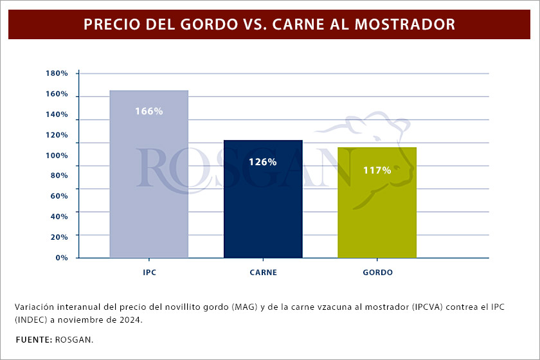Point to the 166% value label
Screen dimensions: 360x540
pyautogui.click(x=149, y=111)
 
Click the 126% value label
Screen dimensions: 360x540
pyautogui.click(x=263, y=162)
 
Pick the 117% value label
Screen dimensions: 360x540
pyautogui.click(x=377, y=170)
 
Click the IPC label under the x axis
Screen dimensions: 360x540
pyautogui.click(x=149, y=273)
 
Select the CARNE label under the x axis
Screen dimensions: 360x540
pyautogui.click(x=263, y=273)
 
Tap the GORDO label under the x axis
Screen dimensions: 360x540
pyautogui.click(x=377, y=273)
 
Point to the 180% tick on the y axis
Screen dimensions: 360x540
pyautogui.click(x=57, y=74)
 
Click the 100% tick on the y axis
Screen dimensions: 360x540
pyautogui.click(x=57, y=156)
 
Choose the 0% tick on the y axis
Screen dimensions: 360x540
pyautogui.click(x=61, y=258)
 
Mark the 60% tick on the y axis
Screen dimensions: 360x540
pyautogui.click(x=59, y=196)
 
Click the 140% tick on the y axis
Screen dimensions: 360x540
pyautogui.click(x=57, y=114)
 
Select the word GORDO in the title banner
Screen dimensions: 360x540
pyautogui.click(x=197, y=24)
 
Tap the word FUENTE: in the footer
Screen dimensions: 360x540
pyautogui.click(x=34, y=339)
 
